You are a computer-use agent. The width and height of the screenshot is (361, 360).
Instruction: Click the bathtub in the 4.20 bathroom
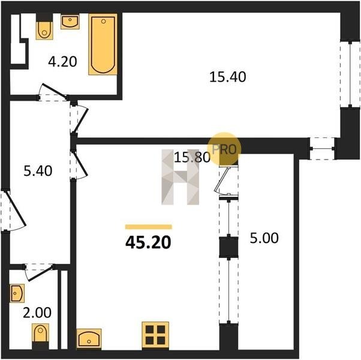[x=103, y=44]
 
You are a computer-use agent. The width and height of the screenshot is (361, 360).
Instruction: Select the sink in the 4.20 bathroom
[x=70, y=22]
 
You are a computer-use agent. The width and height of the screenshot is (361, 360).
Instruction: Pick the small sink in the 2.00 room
[x=17, y=293]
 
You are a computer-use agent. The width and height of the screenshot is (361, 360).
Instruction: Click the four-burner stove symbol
[x=155, y=335]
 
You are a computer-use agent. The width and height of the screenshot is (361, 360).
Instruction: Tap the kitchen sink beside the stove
[x=89, y=338]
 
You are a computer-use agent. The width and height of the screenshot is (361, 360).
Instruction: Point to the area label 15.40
[x=227, y=77]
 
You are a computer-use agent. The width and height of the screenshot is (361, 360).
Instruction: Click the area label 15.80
[x=192, y=158]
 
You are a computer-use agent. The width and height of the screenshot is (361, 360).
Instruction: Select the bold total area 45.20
[x=148, y=242]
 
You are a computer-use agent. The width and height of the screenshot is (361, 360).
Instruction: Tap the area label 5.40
[x=38, y=171]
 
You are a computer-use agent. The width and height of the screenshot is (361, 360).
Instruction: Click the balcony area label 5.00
[x=264, y=238]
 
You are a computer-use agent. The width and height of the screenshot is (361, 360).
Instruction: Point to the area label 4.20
[x=62, y=62]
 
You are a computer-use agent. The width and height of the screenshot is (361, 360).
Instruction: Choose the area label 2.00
[x=37, y=313]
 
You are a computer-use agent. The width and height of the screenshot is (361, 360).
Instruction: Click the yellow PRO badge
[x=224, y=149]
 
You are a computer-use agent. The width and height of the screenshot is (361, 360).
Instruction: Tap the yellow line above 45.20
[x=149, y=227]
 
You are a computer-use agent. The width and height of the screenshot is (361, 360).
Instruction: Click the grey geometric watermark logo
[x=180, y=177]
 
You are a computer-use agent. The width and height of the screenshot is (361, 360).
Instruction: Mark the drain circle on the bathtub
[x=103, y=22]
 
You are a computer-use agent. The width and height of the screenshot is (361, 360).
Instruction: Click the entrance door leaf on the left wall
[x=16, y=208]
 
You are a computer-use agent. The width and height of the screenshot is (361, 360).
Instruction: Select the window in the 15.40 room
[x=350, y=74]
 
